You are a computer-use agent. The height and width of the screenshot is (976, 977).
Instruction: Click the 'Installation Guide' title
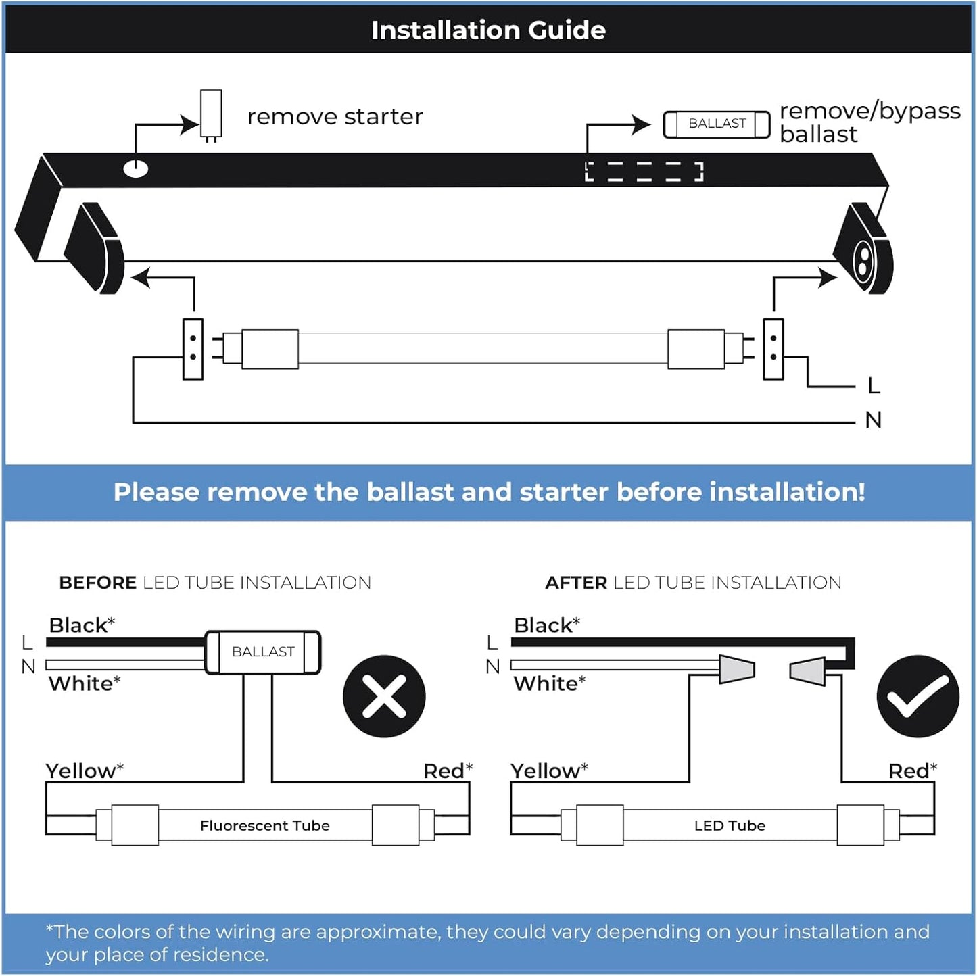pyautogui.click(x=488, y=30)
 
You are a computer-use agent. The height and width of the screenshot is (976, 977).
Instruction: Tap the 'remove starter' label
pyautogui.click(x=335, y=117)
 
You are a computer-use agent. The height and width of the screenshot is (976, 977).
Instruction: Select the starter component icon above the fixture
pyautogui.click(x=211, y=114)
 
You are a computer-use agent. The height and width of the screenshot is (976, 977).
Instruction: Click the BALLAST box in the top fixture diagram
pyautogui.click(x=717, y=124)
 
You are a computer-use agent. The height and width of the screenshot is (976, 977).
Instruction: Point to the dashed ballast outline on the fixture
pyautogui.click(x=644, y=172)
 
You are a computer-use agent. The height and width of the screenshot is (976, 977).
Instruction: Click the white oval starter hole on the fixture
pyautogui.click(x=136, y=168)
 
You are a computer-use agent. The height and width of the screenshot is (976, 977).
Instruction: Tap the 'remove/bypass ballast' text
pyautogui.click(x=869, y=122)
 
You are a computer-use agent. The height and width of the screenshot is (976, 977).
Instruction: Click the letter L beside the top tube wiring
pyautogui.click(x=874, y=386)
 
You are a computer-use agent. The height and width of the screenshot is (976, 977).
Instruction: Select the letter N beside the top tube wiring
pyautogui.click(x=874, y=420)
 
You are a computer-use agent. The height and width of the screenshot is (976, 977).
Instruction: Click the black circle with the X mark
pyautogui.click(x=384, y=696)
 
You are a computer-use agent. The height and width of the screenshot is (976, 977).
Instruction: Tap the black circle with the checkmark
pyautogui.click(x=918, y=696)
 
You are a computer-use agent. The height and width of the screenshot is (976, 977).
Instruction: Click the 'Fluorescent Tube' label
pyautogui.click(x=264, y=825)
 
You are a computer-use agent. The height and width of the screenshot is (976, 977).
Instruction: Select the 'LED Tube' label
pyautogui.click(x=730, y=825)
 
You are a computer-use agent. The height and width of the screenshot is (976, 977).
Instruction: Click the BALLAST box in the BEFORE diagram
pyautogui.click(x=262, y=652)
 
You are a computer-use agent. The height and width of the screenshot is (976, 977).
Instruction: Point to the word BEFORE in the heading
pyautogui.click(x=97, y=583)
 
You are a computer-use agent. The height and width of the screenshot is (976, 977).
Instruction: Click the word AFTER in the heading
pyautogui.click(x=576, y=583)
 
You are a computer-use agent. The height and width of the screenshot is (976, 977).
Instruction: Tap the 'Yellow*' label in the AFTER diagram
pyautogui.click(x=549, y=771)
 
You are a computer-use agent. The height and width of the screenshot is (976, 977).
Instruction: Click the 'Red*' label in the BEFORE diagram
pyautogui.click(x=448, y=771)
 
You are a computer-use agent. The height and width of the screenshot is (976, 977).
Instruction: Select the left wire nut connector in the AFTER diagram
pyautogui.click(x=736, y=669)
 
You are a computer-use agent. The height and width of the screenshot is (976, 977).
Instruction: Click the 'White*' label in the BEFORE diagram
pyautogui.click(x=85, y=683)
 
